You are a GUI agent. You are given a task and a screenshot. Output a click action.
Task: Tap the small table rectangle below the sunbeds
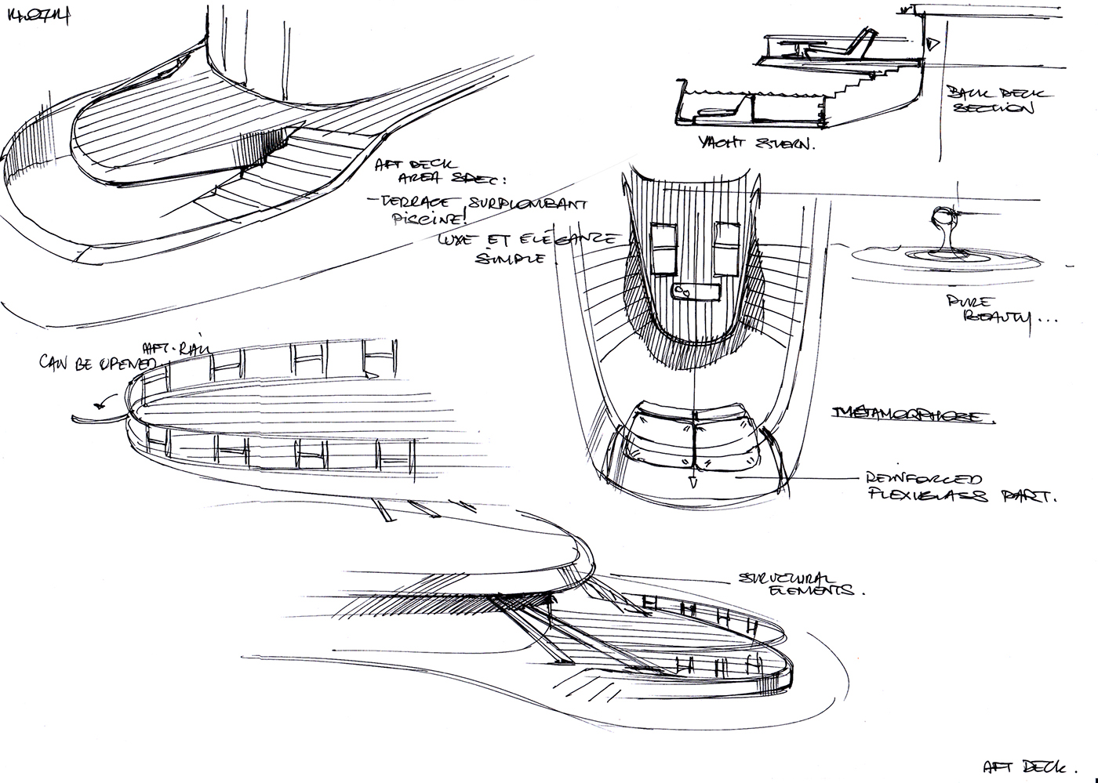697,292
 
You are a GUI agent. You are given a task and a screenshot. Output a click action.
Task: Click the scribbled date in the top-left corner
38,16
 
